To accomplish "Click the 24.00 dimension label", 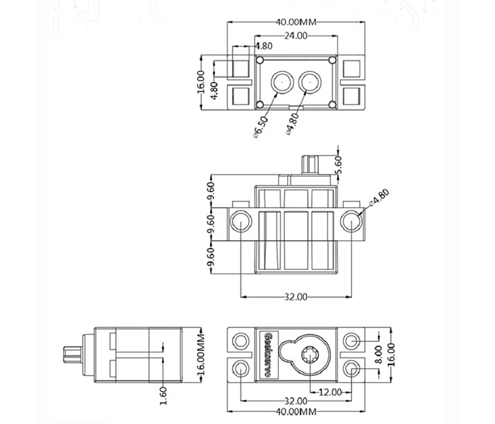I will [x=296, y=35].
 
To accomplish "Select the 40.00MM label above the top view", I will [x=296, y=22].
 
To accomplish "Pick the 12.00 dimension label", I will [x=330, y=391].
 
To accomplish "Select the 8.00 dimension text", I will [x=378, y=351].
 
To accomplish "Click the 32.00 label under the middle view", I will [x=296, y=297].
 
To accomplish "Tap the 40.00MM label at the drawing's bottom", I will [x=297, y=411].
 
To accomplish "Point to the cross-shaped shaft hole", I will [x=309, y=355].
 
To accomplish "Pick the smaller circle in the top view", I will [x=309, y=81].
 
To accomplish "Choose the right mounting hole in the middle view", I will [x=351, y=222].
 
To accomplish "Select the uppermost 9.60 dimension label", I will [x=210, y=191].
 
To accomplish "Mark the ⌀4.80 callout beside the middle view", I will [x=380, y=197].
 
